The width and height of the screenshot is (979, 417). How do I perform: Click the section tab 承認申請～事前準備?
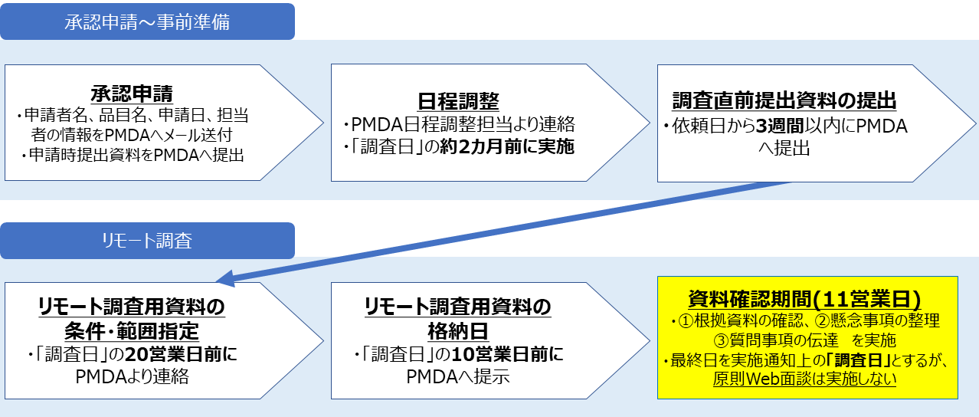147,21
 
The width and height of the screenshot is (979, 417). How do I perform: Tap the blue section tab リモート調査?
147,241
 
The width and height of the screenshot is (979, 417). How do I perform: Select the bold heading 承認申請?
132,94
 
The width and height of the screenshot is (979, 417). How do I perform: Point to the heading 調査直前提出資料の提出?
784,100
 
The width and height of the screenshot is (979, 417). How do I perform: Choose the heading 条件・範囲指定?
132,332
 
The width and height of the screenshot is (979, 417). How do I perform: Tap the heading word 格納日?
458,332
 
